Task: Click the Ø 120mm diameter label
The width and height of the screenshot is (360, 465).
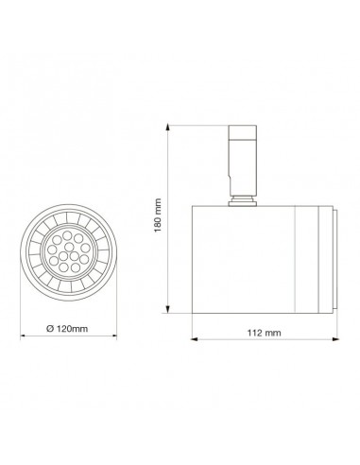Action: click(x=67, y=328)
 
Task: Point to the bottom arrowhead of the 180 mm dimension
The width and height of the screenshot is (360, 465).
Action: click(x=168, y=312)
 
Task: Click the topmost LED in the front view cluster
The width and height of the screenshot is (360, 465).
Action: click(x=69, y=235)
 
